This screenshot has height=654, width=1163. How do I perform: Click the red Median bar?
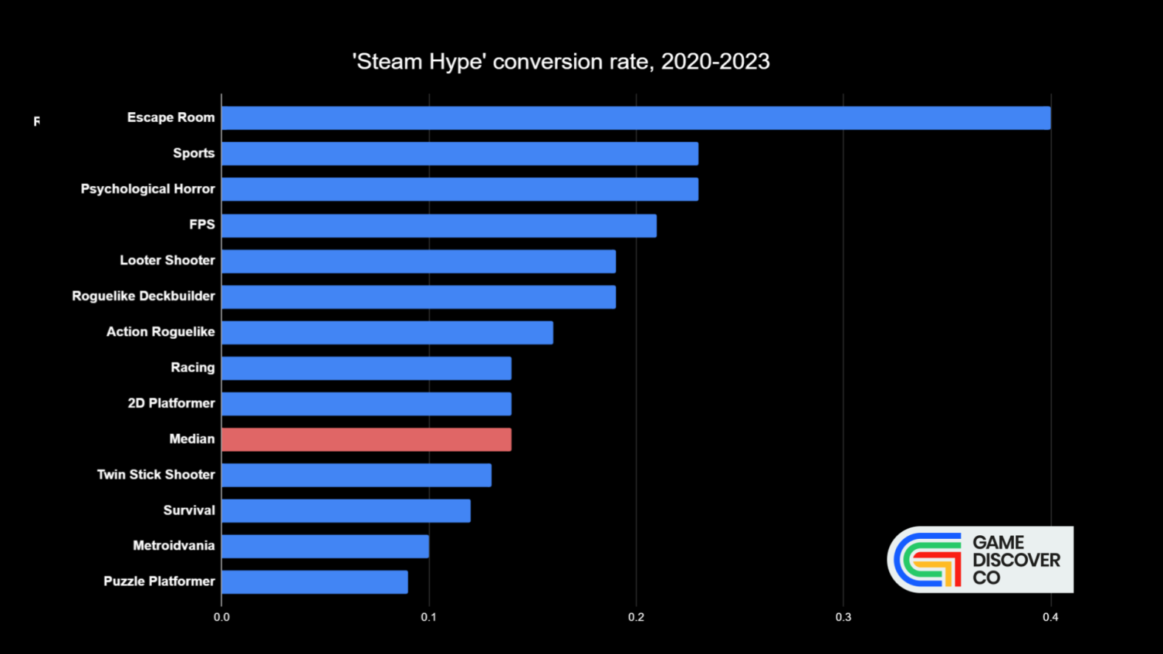366,440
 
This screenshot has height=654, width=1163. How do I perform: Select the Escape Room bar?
635,118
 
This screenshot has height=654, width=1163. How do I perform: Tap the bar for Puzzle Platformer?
314,582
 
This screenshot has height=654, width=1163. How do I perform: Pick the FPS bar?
438,226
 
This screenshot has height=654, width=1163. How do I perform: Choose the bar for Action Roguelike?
387,333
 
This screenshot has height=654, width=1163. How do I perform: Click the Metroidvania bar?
325,546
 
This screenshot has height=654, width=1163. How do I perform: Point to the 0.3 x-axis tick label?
843,617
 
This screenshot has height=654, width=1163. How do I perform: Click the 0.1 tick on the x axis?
429,617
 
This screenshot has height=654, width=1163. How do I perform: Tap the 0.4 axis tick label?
1050,617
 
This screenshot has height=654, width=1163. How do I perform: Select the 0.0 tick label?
221,617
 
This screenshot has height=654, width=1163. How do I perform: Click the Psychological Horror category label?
148,189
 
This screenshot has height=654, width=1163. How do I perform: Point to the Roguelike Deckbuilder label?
143,296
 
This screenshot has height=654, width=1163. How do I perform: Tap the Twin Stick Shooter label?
156,475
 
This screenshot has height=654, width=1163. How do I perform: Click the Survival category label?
189,510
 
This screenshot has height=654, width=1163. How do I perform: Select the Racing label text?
193,368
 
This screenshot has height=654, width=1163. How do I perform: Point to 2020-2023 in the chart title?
715,61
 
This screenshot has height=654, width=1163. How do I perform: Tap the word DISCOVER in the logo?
1016,560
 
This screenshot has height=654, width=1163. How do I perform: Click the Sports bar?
459,154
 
